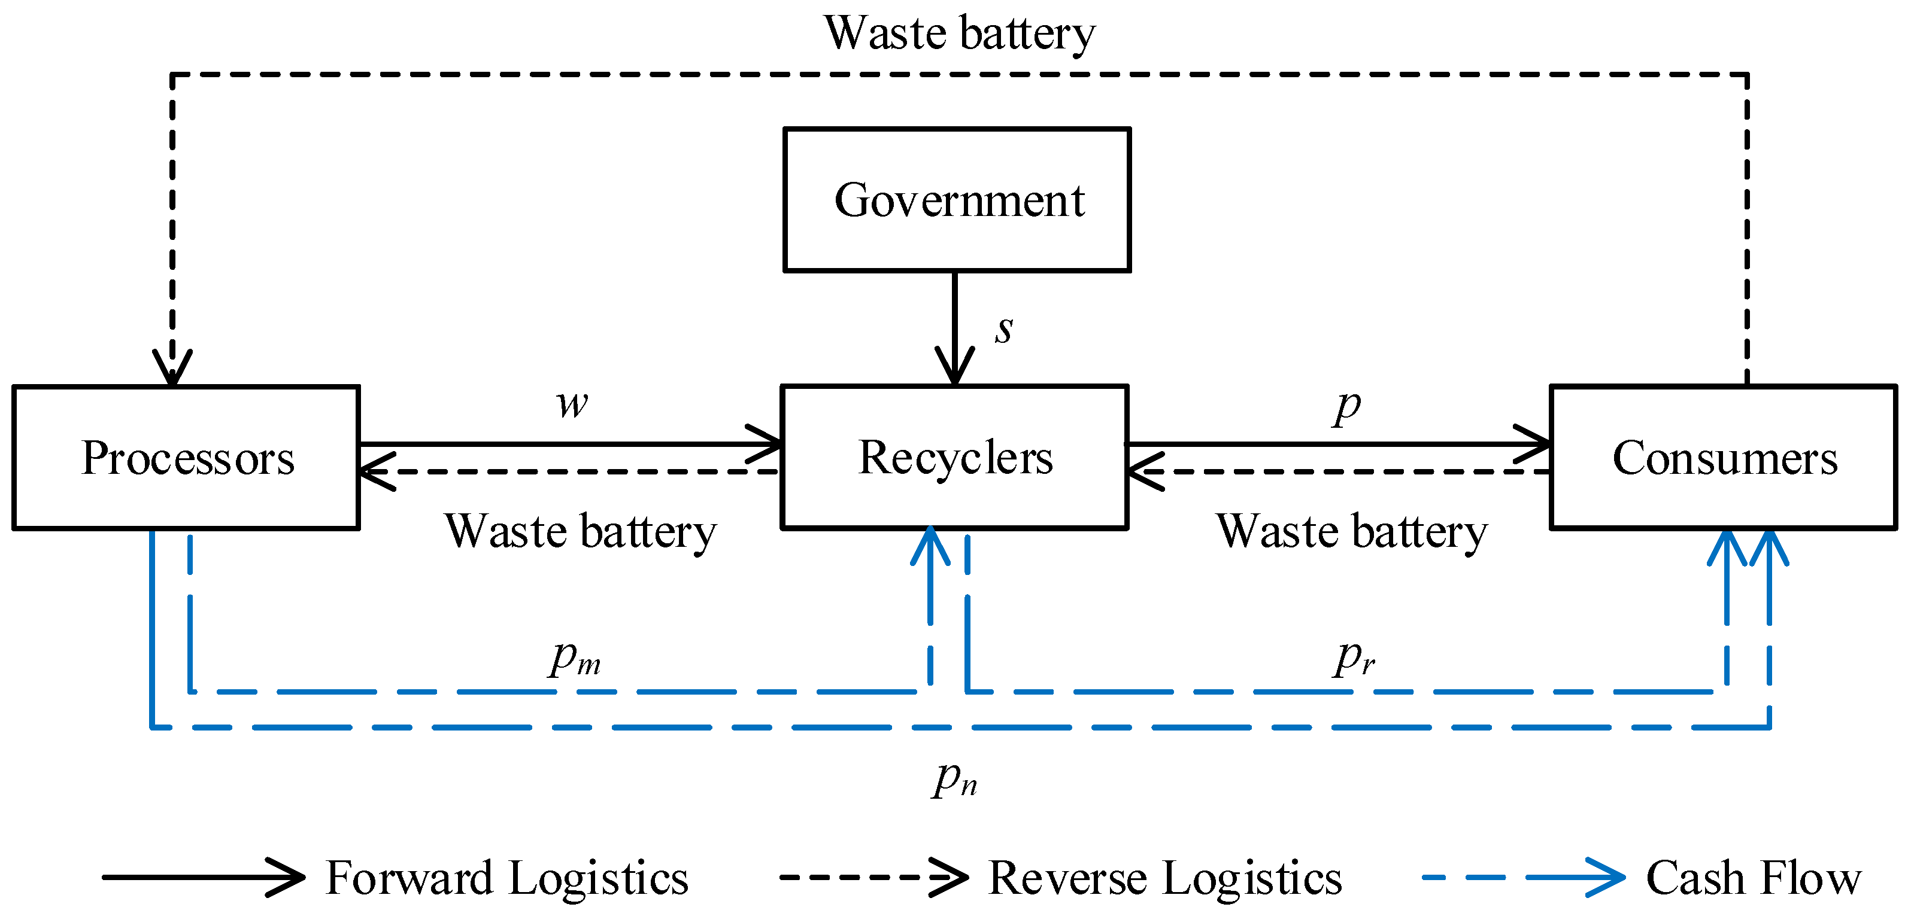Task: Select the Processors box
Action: coord(186,457)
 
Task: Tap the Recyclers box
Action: coord(955,457)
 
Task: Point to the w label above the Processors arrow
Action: coord(572,404)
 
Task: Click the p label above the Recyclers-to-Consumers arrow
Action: coord(1346,406)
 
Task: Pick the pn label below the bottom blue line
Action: coord(955,780)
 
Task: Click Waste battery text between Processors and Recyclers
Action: coord(581,532)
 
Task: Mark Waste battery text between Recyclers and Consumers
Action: coord(1352,532)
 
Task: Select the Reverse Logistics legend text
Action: coord(1164,878)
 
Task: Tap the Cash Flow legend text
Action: coord(1754,878)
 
